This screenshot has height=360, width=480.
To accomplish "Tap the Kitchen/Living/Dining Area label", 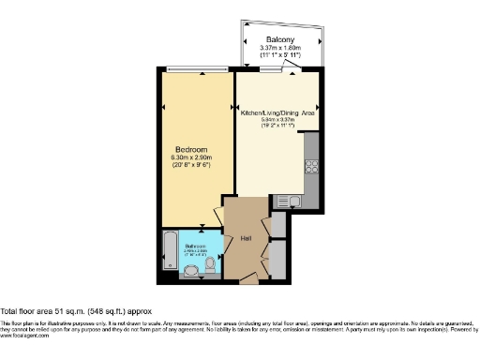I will click(277, 112).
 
